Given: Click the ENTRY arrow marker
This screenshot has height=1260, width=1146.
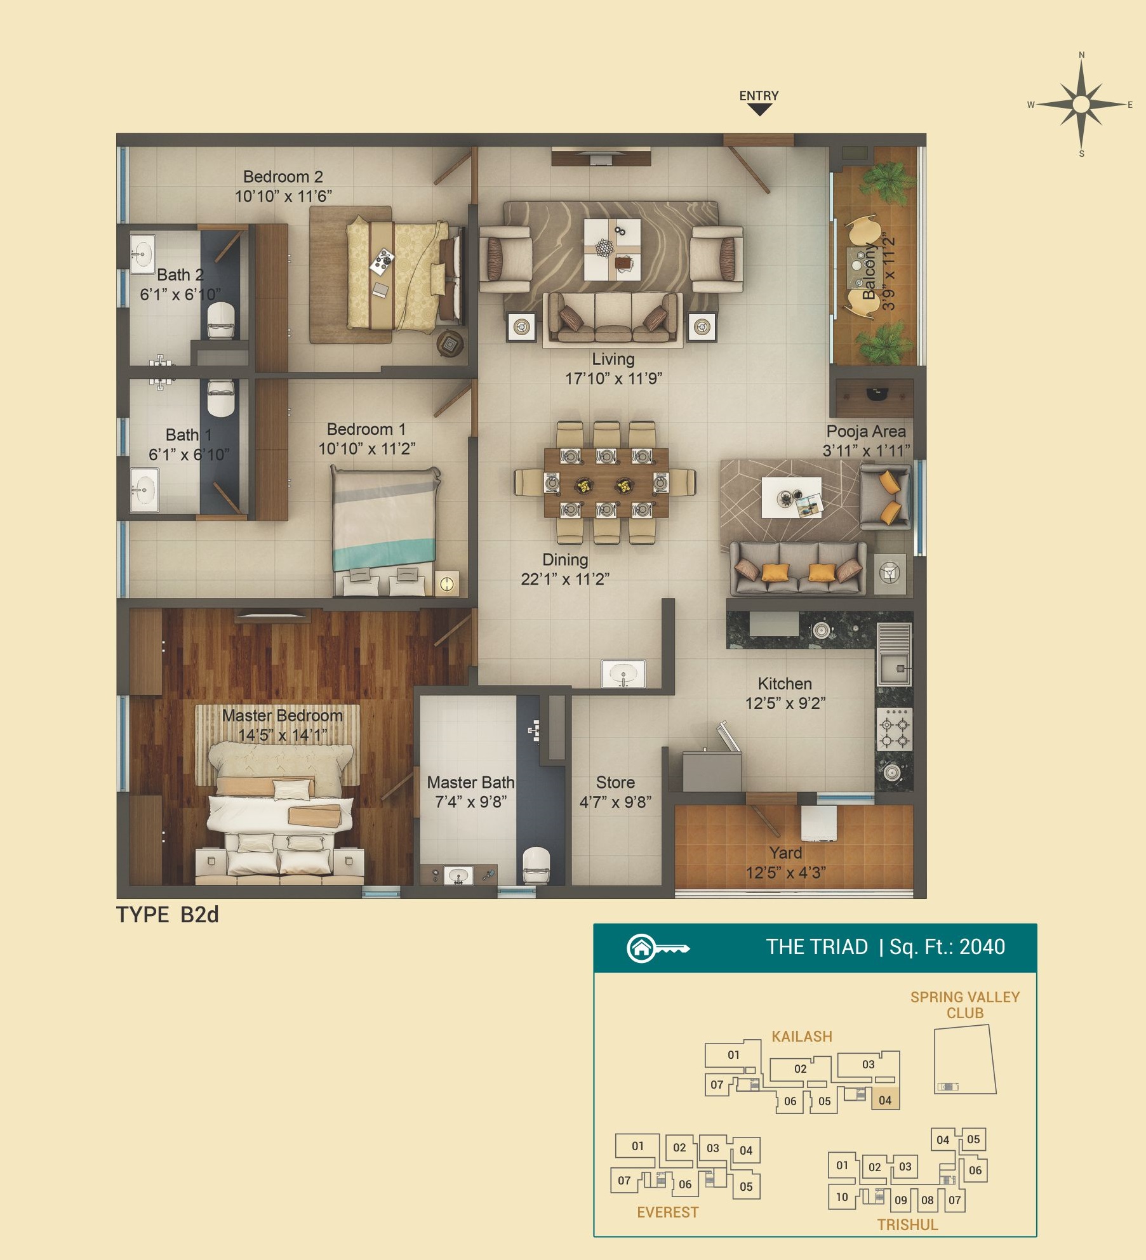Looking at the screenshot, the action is (x=759, y=110).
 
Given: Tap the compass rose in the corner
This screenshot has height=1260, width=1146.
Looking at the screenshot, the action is (x=1081, y=104).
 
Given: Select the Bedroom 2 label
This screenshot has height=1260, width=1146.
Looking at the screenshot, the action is (x=283, y=176).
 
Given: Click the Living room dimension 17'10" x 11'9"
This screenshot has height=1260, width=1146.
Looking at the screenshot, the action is (x=613, y=379).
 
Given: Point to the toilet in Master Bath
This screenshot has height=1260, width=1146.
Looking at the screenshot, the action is (x=536, y=865).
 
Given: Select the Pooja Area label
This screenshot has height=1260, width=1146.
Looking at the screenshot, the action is (x=866, y=432).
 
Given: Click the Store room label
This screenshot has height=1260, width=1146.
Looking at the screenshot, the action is (x=615, y=783).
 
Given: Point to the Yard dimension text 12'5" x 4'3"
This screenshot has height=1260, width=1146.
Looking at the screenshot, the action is (x=785, y=873).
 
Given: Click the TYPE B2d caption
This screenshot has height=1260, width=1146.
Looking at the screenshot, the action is (x=168, y=915).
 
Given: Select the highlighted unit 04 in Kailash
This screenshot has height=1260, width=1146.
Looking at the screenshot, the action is (x=885, y=1100).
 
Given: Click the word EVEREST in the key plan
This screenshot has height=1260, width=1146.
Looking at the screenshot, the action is (x=667, y=1212).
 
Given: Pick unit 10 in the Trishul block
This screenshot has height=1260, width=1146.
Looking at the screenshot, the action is (x=842, y=1197).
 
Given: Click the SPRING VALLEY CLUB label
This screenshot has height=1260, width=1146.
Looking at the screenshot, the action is (x=965, y=1005).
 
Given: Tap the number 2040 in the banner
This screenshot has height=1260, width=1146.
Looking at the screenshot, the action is (x=982, y=947).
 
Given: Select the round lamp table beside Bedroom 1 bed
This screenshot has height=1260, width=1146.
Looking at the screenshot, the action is (x=447, y=583).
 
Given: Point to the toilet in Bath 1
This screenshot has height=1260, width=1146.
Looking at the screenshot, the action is (x=221, y=398).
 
